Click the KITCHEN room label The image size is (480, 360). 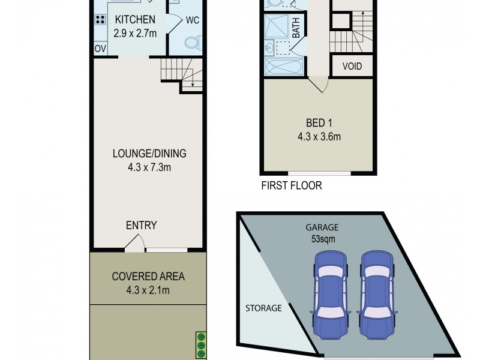[135, 20]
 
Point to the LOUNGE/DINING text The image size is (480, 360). [149, 152]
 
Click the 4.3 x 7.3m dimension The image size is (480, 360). [149, 167]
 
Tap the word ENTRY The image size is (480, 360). [141, 226]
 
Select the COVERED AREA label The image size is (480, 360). [148, 277]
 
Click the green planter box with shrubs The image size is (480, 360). [201, 345]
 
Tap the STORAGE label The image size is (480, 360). [263, 308]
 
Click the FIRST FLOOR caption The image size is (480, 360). [292, 185]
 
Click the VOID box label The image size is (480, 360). [352, 66]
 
